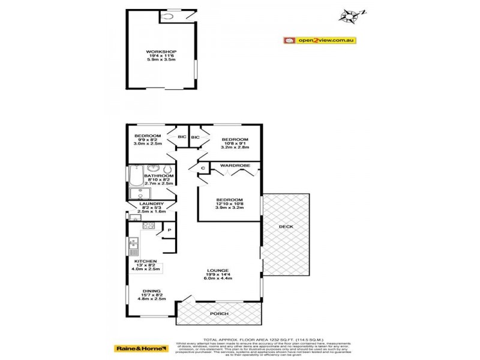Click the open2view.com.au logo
click(320, 41)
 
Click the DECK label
click(286, 226)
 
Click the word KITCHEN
click(146, 262)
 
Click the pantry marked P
click(170, 230)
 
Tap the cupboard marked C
click(203, 169)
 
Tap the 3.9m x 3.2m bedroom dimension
click(229, 209)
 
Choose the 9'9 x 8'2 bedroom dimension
click(148, 140)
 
